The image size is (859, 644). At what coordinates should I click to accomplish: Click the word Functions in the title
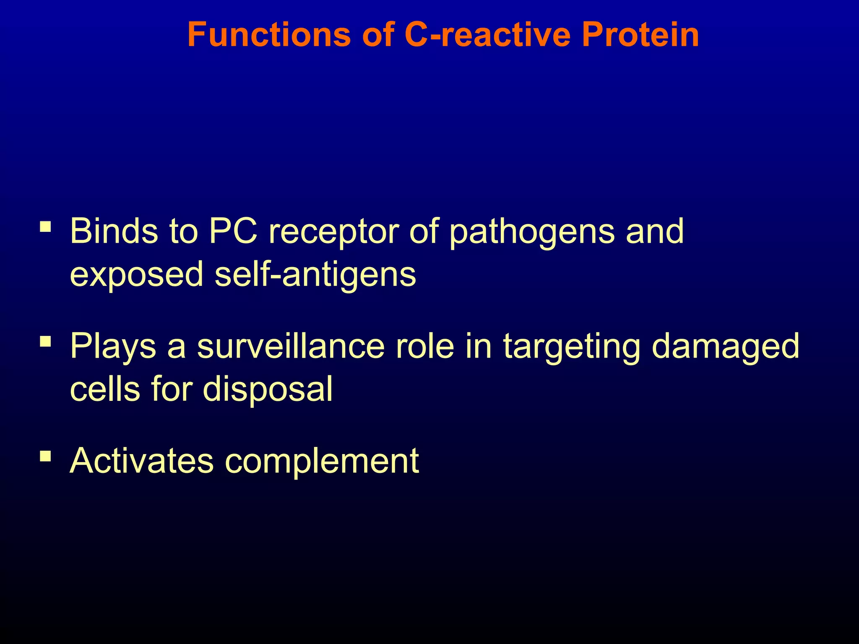pos(268,34)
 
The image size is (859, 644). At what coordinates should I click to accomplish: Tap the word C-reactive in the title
pos(487,34)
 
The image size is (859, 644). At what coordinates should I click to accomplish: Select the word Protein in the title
pos(640,34)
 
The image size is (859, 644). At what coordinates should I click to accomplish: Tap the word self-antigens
pos(315,275)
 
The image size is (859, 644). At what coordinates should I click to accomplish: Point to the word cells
pos(105,389)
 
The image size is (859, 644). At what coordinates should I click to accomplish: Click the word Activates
pos(142,461)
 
